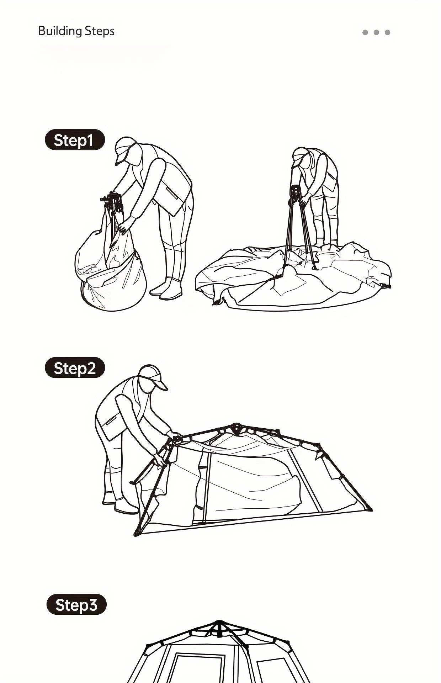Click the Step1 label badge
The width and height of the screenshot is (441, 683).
[x=75, y=140]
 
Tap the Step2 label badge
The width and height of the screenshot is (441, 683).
[x=75, y=368]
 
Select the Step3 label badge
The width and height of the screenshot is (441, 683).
[x=76, y=604]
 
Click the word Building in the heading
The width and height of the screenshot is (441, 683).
[x=60, y=31]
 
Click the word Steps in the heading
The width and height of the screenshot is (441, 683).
[x=100, y=31]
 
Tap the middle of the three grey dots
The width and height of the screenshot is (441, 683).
[x=376, y=32]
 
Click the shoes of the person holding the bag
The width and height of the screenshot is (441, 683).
[x=165, y=290]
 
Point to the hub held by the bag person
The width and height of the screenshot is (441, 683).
[x=113, y=201]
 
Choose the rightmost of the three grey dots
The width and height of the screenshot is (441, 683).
[x=387, y=32]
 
